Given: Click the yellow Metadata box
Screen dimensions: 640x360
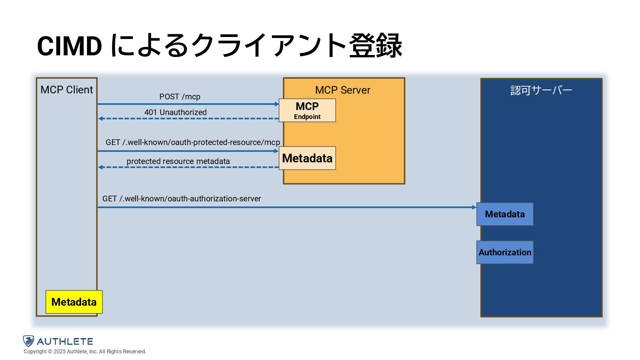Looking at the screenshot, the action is click(x=74, y=302).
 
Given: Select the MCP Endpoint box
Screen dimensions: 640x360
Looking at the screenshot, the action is click(x=307, y=110).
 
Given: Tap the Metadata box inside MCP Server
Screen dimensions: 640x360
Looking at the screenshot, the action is click(x=307, y=158).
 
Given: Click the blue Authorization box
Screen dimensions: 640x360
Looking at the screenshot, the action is click(x=505, y=252).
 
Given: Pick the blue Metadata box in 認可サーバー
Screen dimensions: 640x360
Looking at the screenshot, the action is click(x=505, y=214).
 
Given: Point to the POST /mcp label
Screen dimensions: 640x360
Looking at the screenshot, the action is click(x=180, y=97).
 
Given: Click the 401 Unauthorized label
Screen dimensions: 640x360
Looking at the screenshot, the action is click(x=175, y=112).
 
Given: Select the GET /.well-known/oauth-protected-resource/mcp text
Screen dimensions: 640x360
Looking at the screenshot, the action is click(x=193, y=142).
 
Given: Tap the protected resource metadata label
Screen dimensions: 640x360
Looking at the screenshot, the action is click(x=178, y=161).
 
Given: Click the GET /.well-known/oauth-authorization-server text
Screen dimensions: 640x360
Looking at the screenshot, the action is click(x=181, y=199).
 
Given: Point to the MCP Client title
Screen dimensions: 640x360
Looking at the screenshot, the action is click(x=67, y=90).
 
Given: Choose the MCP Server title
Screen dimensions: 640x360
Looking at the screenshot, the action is click(x=343, y=90).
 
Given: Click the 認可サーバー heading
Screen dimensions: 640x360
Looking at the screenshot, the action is click(x=541, y=90).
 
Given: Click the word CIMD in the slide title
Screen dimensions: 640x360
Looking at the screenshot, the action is click(x=69, y=46).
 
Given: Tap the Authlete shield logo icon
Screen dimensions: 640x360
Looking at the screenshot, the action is click(x=29, y=341).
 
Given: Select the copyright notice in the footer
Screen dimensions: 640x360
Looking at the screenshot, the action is click(x=85, y=352).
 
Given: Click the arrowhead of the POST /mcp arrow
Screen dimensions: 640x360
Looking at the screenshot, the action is click(x=277, y=104).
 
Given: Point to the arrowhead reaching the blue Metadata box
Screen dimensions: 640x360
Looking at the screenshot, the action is click(x=474, y=207).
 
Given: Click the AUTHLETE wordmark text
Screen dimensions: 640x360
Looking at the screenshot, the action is click(x=65, y=341).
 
